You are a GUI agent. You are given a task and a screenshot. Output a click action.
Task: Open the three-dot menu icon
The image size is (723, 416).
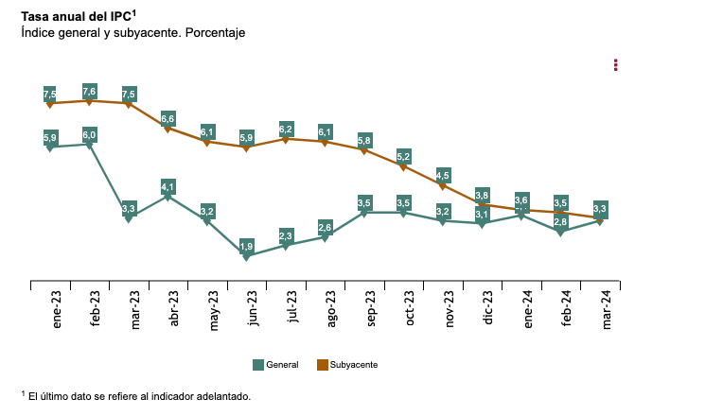pos(616,64)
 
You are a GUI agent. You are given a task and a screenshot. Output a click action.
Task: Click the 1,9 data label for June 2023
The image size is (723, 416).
pos(247,246)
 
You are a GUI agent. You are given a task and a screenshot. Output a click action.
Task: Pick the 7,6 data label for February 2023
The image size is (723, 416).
pos(90,91)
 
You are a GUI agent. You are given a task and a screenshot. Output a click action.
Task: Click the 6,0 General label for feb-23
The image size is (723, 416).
pos(90,135)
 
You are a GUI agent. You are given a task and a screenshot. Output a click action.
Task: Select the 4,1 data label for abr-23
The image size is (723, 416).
pos(168,186)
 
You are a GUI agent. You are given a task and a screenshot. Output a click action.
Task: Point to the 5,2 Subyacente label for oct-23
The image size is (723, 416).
pos(404,156)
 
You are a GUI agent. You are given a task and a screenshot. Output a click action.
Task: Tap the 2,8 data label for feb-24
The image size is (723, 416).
pos(561,222)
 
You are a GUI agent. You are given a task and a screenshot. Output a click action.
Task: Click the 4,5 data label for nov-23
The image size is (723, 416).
pos(443,175)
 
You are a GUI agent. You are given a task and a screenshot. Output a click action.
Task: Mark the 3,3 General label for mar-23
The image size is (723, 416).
pos(130,208)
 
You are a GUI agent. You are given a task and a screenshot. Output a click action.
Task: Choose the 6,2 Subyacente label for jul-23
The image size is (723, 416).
pos(287,129)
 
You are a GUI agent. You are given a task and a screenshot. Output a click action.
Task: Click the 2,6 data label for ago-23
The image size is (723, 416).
pos(326,227)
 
